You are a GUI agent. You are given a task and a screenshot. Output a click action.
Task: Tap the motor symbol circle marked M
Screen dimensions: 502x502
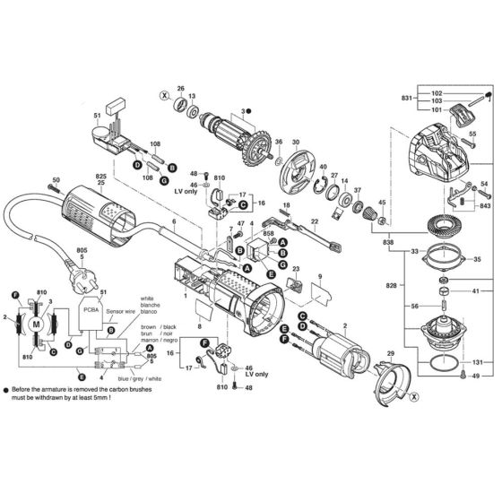(x=36, y=322)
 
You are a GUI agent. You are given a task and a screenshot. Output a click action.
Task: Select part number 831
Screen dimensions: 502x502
(x=406, y=98)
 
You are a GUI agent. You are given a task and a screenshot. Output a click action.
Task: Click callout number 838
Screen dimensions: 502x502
(x=388, y=242)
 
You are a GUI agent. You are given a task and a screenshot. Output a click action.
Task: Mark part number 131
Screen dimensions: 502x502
(x=478, y=362)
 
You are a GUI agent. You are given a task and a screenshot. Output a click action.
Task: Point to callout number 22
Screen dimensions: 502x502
(x=315, y=221)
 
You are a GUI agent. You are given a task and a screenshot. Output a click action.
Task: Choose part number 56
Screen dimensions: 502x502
(x=415, y=307)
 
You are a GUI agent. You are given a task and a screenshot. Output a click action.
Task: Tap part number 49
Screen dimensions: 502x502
(x=478, y=376)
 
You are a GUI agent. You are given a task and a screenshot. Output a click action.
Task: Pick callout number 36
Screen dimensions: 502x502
(x=279, y=142)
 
